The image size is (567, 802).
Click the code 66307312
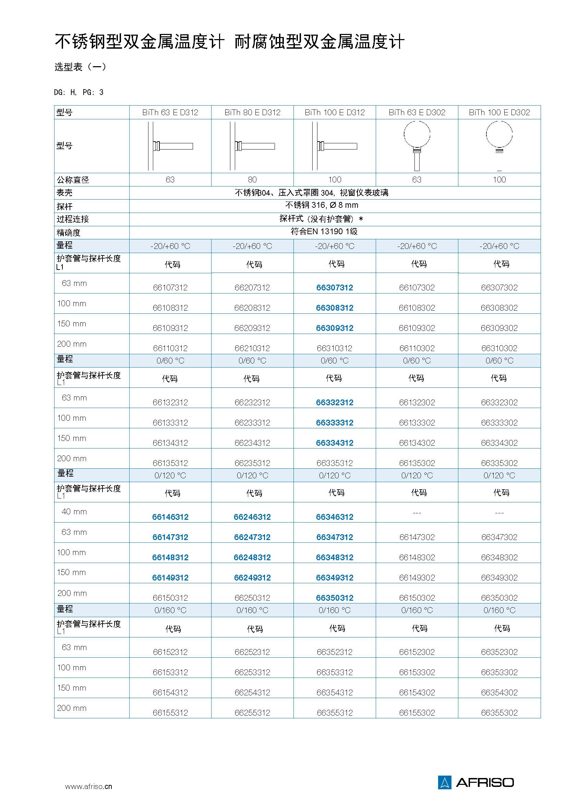[x=335, y=287]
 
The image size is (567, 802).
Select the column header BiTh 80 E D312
[x=252, y=112]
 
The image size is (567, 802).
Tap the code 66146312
[x=170, y=517]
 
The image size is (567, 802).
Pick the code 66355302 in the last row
[x=499, y=713]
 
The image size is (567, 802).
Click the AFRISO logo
[x=476, y=782]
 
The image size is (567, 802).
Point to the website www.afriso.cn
[x=89, y=786]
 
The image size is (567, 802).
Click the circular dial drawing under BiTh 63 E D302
[x=417, y=134]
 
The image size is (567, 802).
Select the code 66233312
[x=252, y=423]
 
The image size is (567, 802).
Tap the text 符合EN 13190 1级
[x=324, y=231]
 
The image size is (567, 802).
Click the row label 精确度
[x=69, y=232]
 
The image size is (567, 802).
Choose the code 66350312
[x=335, y=598]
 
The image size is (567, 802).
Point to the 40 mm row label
[x=74, y=512]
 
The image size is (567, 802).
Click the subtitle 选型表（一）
[x=80, y=67]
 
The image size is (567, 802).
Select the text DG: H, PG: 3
[x=79, y=92]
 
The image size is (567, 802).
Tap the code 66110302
[x=417, y=348]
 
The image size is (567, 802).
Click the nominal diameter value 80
[x=252, y=180]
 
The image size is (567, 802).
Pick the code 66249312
[x=252, y=578]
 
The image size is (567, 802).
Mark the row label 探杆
[x=64, y=206]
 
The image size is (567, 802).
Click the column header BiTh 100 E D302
[x=499, y=112]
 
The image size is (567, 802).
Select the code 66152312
[x=170, y=652]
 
